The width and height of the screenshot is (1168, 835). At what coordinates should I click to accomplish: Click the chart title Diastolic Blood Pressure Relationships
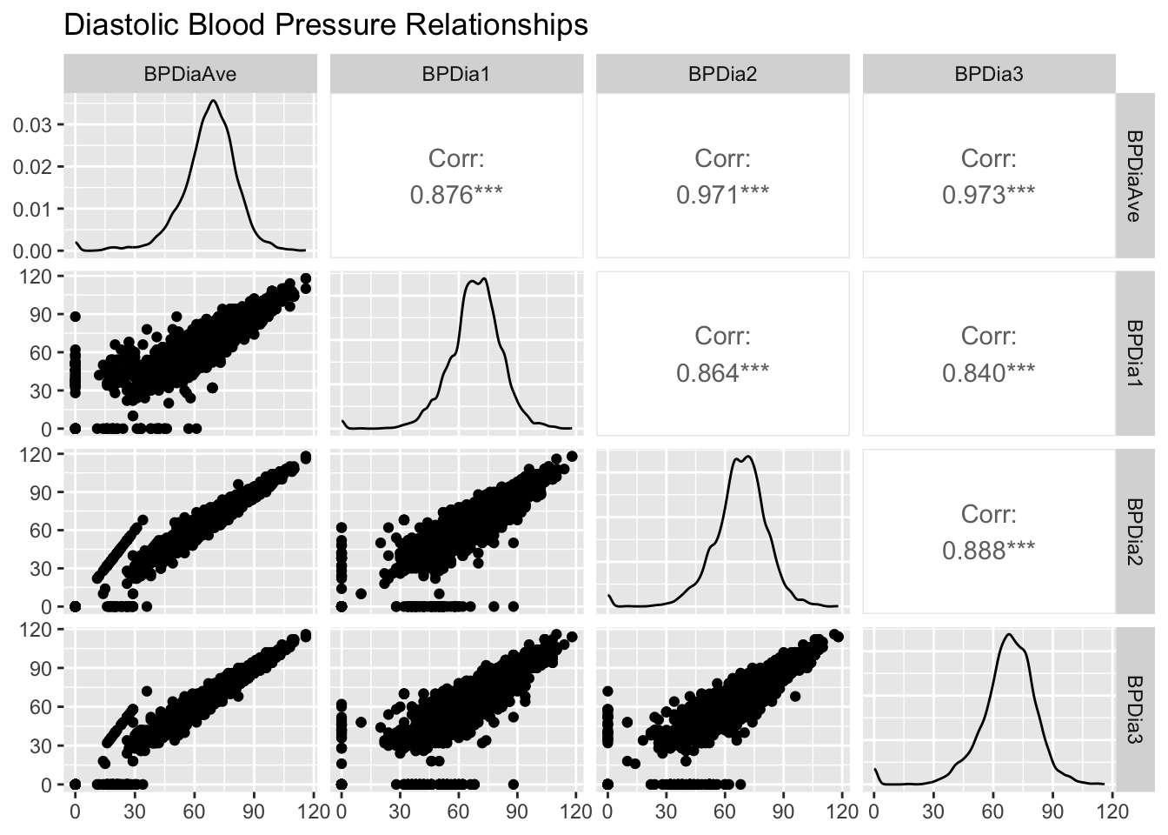(326, 25)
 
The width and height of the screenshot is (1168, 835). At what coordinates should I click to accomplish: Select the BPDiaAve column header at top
(189, 75)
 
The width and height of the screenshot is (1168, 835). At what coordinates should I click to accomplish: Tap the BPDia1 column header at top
(456, 75)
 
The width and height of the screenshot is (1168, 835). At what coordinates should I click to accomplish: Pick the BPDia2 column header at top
(722, 75)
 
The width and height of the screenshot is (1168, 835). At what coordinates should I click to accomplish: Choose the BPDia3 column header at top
(989, 75)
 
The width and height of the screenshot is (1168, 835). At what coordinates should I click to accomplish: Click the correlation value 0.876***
(456, 195)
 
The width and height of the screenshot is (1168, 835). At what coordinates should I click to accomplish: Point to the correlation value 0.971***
(722, 195)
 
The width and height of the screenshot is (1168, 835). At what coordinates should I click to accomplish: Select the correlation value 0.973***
(989, 195)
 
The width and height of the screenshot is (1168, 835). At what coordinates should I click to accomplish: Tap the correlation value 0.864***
(722, 373)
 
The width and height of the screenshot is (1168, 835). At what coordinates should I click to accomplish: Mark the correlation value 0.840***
(989, 373)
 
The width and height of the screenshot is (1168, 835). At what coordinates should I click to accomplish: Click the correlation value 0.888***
(989, 551)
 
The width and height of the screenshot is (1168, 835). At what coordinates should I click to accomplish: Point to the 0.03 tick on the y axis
(33, 124)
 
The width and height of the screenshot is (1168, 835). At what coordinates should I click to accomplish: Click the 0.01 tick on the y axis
(33, 209)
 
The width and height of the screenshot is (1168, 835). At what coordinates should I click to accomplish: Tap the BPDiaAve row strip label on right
(1134, 176)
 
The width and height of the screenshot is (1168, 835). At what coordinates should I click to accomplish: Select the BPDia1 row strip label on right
(1134, 353)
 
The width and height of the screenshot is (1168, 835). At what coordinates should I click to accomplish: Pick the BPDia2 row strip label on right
(1134, 531)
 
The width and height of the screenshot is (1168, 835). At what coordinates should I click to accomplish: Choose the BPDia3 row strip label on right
(1134, 709)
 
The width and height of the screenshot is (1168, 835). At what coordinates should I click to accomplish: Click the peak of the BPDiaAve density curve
(213, 100)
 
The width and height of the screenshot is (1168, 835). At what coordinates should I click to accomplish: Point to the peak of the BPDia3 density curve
(1009, 634)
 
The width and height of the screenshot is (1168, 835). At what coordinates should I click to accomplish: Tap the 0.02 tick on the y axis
(33, 166)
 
